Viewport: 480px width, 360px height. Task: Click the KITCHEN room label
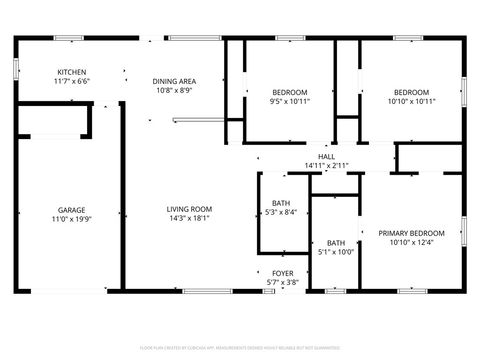(x=72, y=72)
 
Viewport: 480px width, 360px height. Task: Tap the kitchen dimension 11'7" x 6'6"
(x=72, y=81)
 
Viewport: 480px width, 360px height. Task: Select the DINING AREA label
(x=173, y=81)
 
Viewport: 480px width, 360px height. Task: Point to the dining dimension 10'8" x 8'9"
(x=173, y=90)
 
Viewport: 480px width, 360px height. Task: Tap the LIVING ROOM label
(x=189, y=209)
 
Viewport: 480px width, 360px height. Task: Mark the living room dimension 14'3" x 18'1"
(x=189, y=218)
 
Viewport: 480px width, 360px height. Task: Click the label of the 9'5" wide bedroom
(x=290, y=92)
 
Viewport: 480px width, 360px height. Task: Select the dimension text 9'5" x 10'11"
(x=290, y=101)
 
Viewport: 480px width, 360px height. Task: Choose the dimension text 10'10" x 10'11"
(x=410, y=101)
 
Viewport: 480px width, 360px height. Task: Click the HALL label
(x=326, y=157)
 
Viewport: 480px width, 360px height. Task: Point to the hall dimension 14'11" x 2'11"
(x=326, y=166)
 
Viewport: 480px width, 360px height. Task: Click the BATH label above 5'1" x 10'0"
(x=336, y=243)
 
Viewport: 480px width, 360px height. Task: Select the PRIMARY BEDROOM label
(x=410, y=233)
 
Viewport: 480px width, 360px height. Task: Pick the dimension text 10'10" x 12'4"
(x=410, y=242)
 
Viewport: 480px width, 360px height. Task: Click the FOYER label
(x=283, y=273)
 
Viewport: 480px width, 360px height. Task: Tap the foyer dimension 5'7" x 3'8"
(x=283, y=282)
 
